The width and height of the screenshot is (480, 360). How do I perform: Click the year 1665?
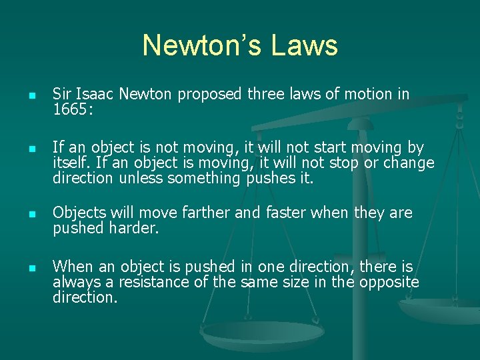tap(70, 109)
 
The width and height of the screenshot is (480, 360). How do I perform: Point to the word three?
tap(269, 95)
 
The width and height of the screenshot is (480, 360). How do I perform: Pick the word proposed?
tap(211, 95)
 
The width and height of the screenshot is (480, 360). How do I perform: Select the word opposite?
tap(389, 282)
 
